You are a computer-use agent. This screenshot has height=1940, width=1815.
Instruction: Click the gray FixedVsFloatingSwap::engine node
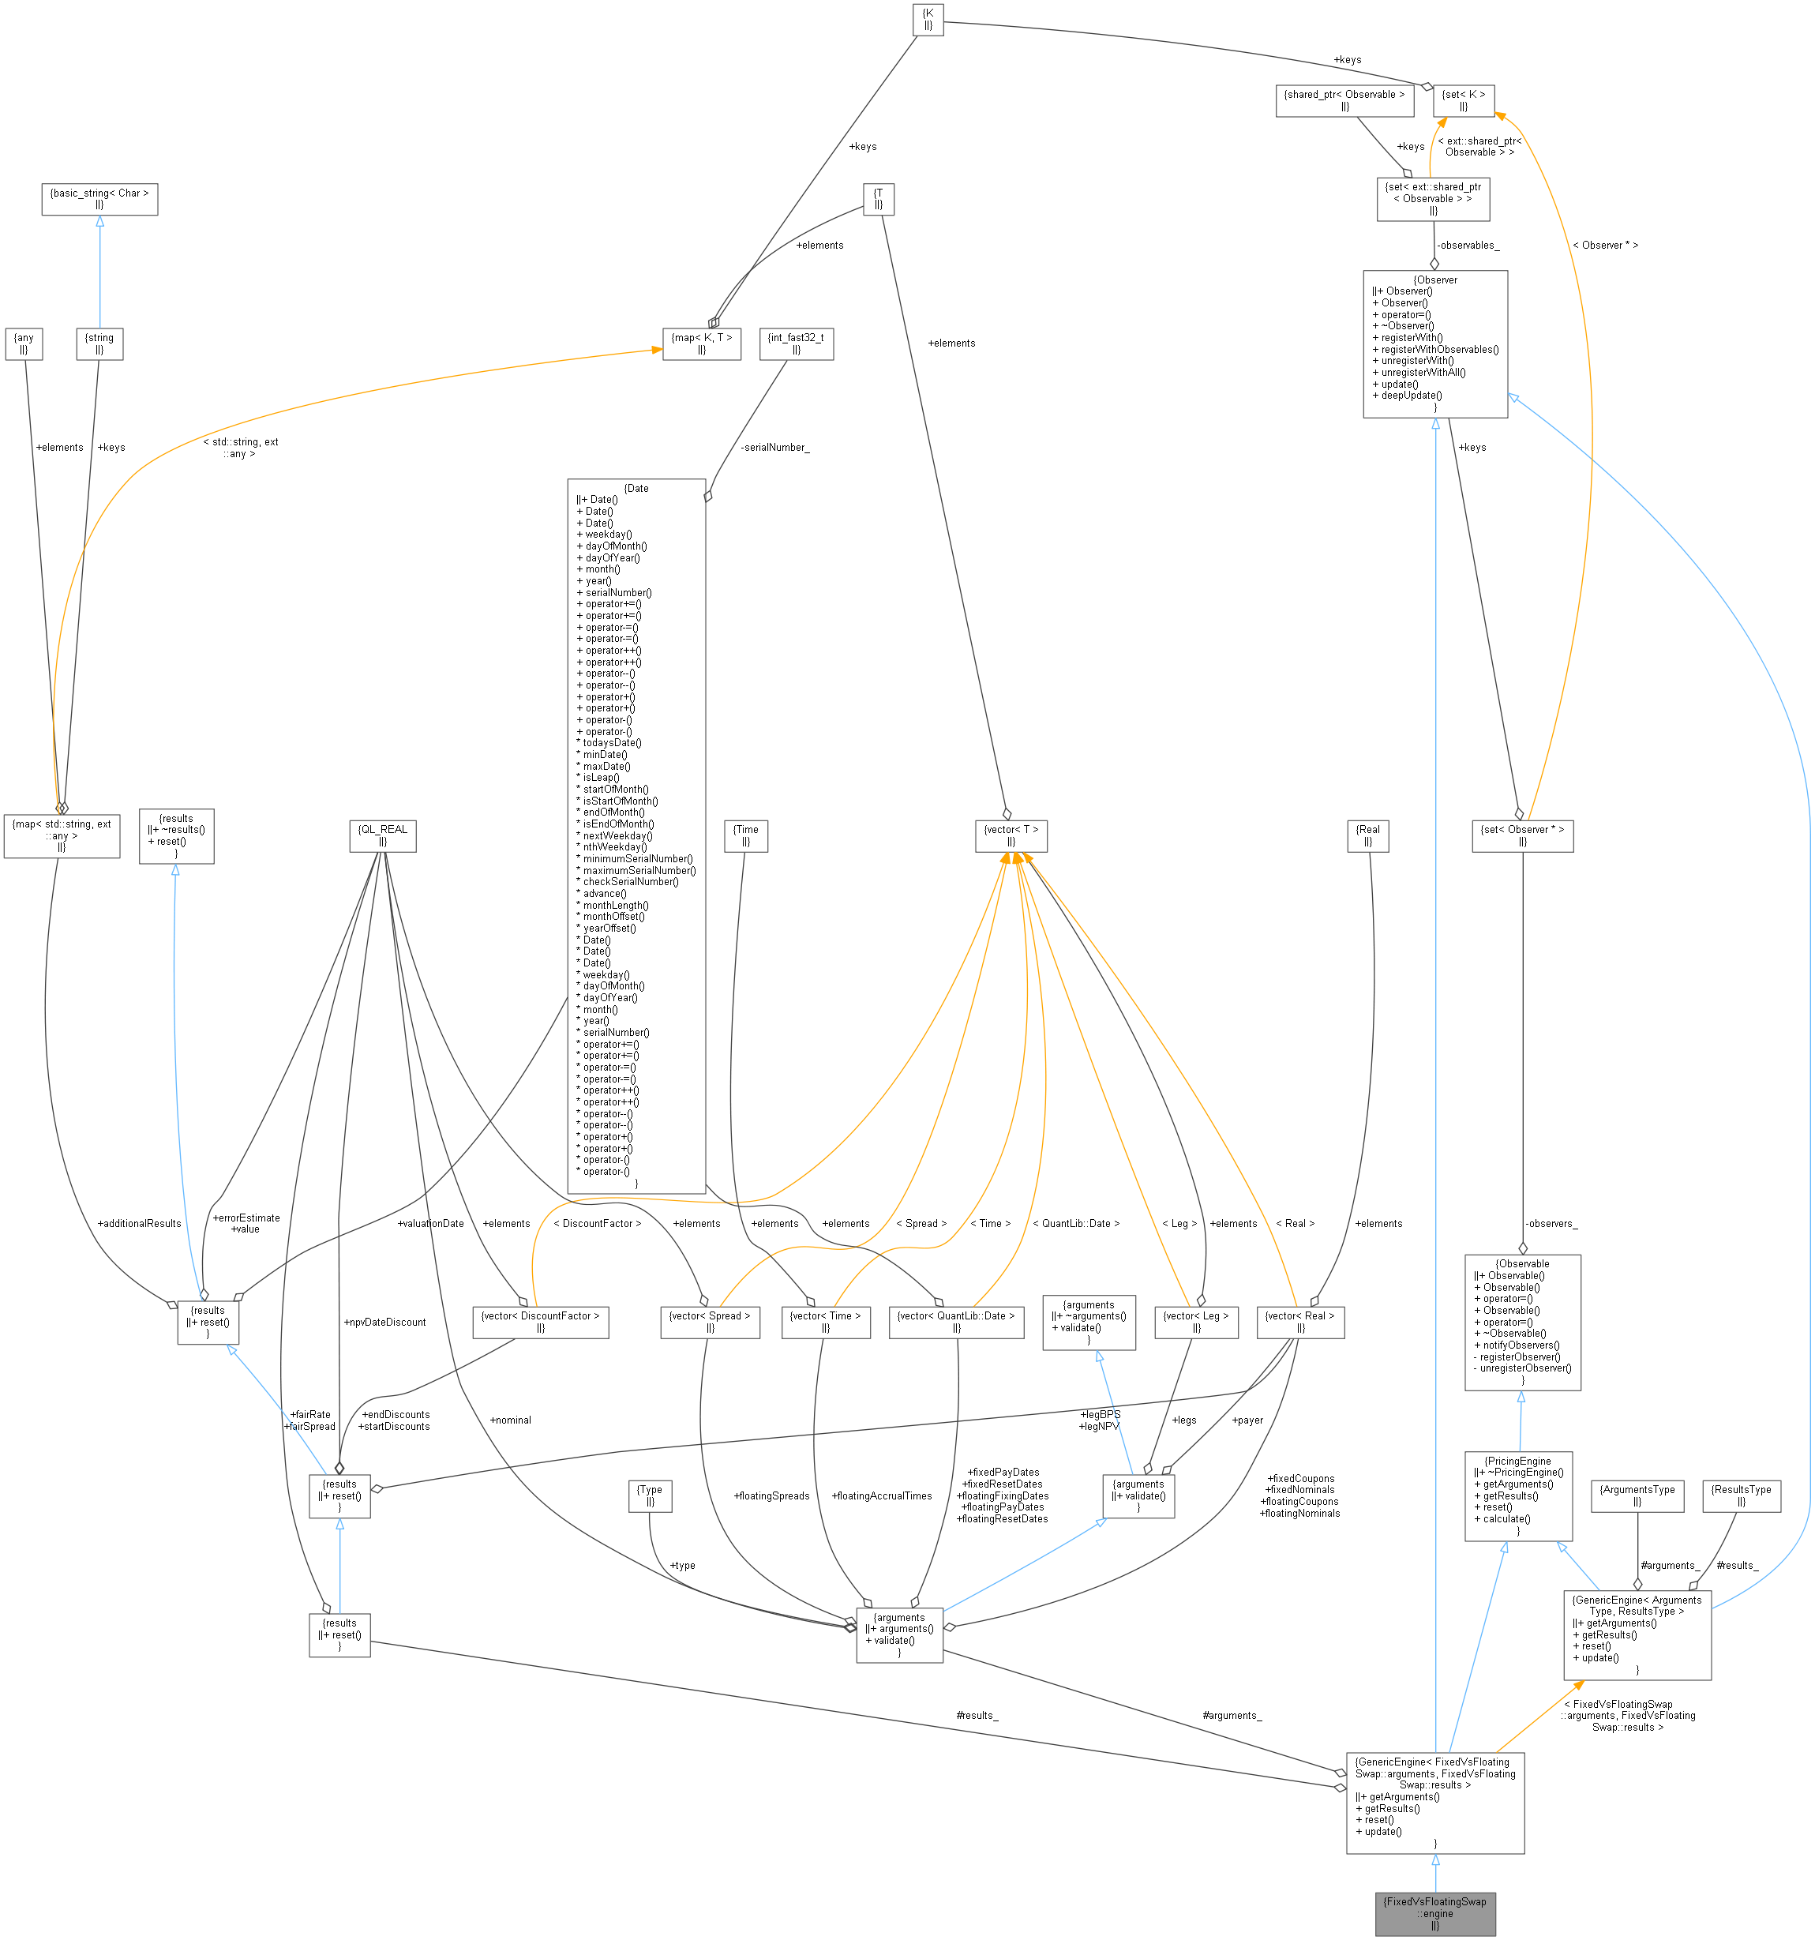tap(1434, 1912)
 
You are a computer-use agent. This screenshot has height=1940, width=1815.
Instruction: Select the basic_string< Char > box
tap(99, 199)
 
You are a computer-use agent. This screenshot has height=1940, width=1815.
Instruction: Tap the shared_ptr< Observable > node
tap(1344, 100)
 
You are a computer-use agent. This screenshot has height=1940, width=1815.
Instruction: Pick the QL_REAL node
tap(383, 835)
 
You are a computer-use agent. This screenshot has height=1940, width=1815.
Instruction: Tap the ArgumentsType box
tap(1637, 1495)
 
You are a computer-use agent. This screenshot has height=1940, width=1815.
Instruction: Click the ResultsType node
tap(1741, 1495)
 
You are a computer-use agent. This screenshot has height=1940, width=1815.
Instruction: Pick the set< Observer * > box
tap(1521, 835)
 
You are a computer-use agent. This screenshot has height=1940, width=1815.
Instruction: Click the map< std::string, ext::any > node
tap(62, 835)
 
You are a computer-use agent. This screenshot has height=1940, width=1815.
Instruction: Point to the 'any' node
tap(24, 343)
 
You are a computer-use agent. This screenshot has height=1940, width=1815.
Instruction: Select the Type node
tap(649, 1495)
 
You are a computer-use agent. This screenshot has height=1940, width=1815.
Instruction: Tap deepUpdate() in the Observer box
tap(1411, 396)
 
